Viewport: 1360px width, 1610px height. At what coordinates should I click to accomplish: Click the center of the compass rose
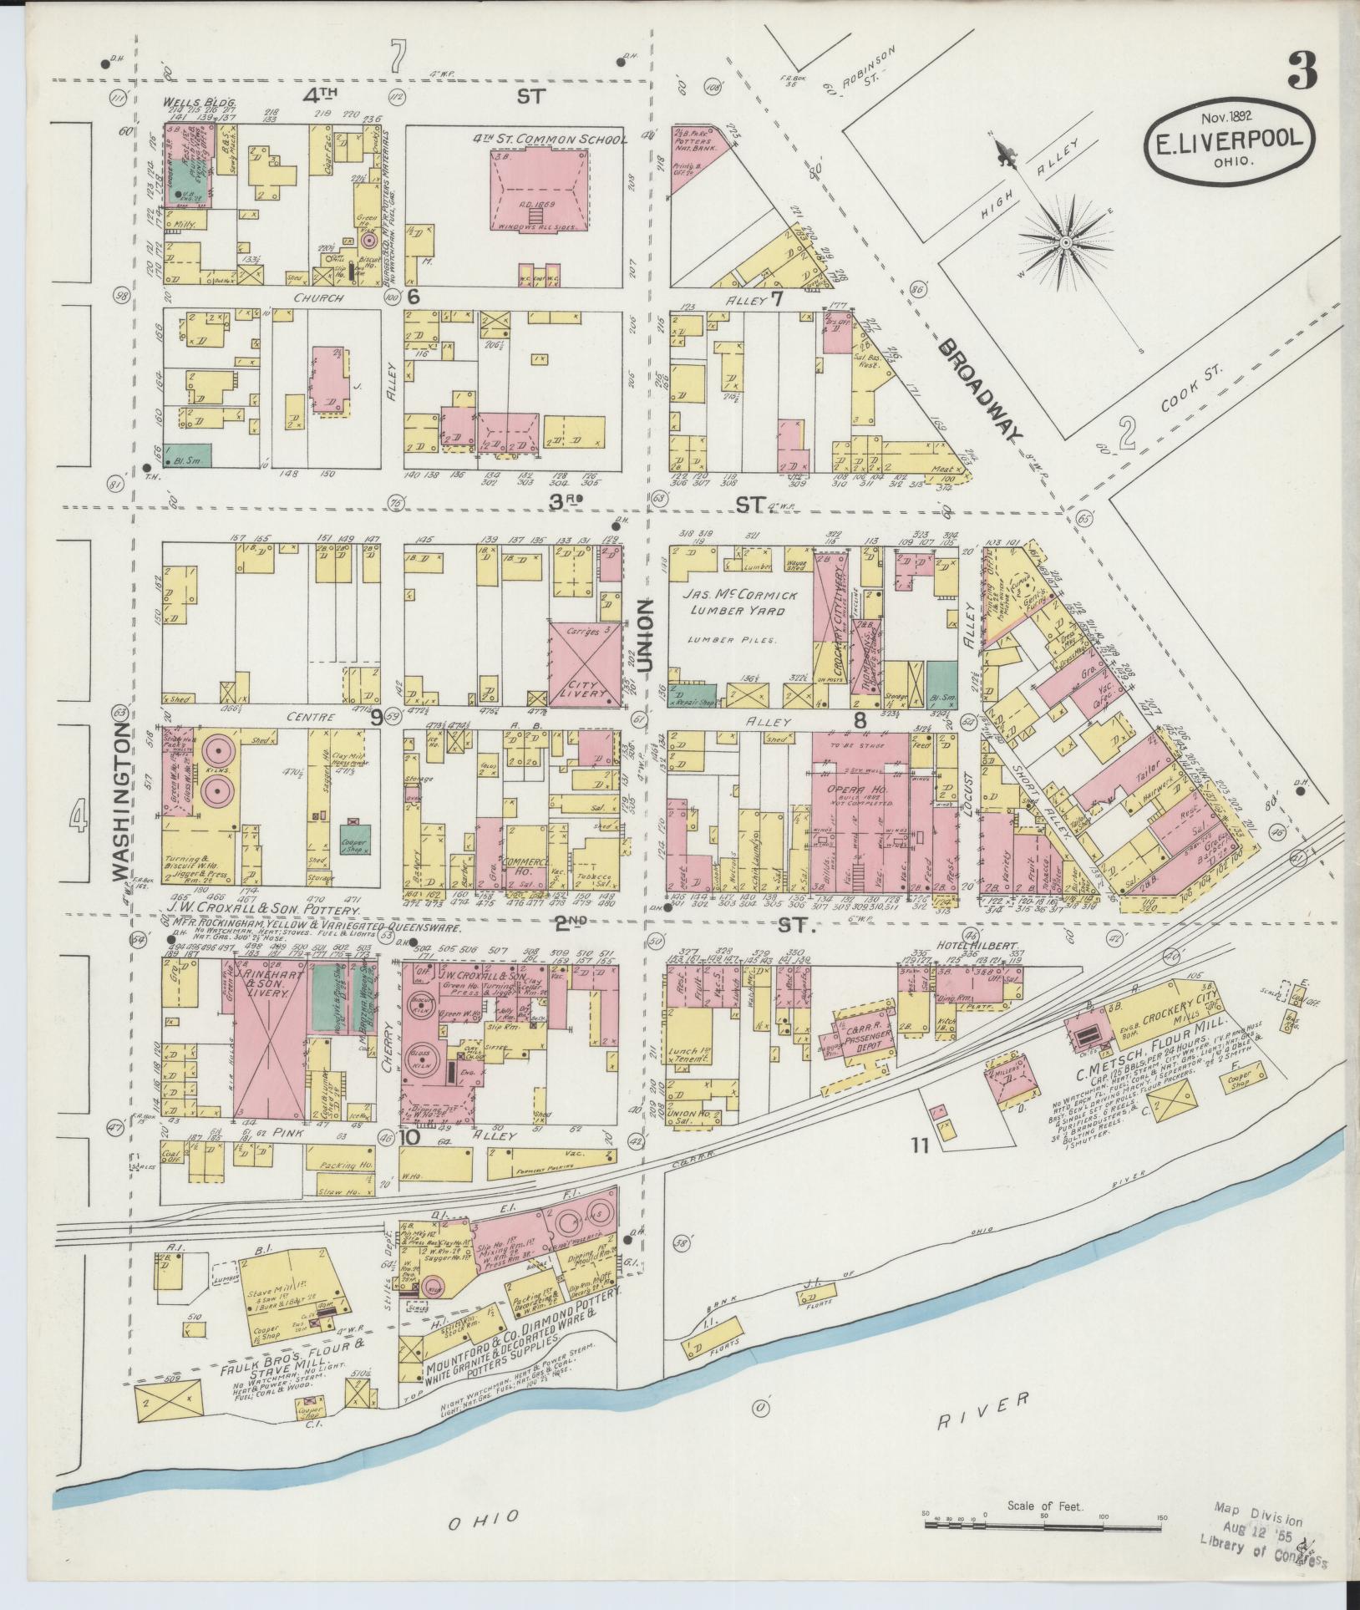tap(1066, 243)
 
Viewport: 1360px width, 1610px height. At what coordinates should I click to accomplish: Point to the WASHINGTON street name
tap(121, 801)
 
